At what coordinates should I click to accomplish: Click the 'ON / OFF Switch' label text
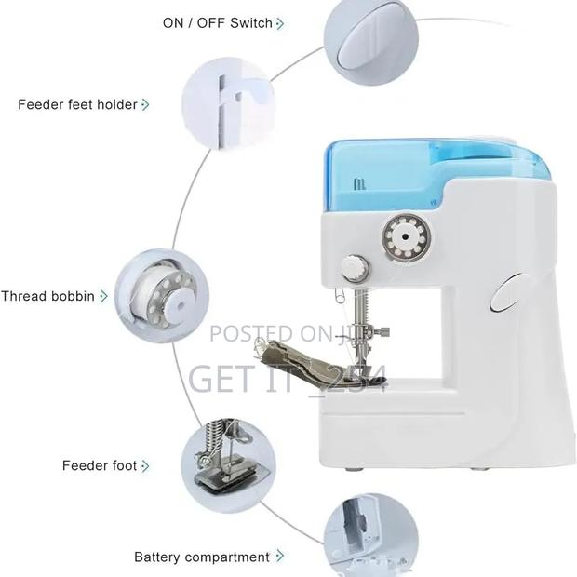click(218, 22)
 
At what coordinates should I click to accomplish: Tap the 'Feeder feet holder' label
click(77, 104)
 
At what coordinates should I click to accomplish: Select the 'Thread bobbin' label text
click(47, 296)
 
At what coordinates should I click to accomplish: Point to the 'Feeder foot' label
click(100, 465)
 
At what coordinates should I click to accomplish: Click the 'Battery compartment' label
click(202, 557)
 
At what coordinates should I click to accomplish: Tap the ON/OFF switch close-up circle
click(362, 38)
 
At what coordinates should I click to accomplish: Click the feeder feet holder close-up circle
click(220, 101)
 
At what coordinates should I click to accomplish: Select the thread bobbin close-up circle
click(161, 295)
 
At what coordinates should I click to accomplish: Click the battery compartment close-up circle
click(363, 535)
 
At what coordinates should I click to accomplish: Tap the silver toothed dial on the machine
click(403, 239)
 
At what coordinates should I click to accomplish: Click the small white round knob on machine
click(354, 268)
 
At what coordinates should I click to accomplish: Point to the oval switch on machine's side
click(505, 293)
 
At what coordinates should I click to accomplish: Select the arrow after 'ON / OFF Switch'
click(281, 22)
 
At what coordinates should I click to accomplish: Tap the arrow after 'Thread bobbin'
click(103, 296)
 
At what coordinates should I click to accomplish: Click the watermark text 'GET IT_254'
click(288, 378)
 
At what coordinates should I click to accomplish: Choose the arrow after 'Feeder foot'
click(145, 465)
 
